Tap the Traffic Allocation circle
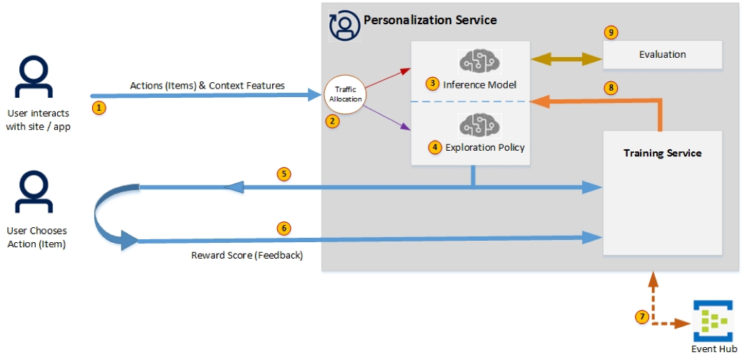(345, 94)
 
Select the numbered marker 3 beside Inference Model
(432, 84)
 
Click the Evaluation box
(662, 54)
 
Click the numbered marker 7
(643, 316)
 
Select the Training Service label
(662, 153)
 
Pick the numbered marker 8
(609, 88)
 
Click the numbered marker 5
(284, 174)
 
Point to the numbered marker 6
(284, 229)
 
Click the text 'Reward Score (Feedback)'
(246, 256)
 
